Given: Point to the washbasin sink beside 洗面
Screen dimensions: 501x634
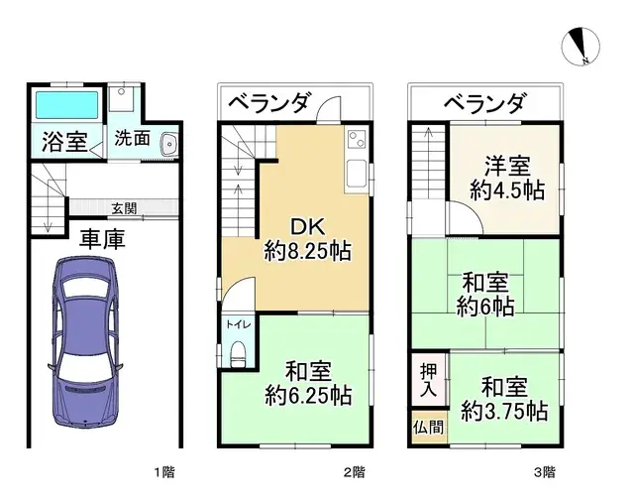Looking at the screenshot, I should coord(167,142).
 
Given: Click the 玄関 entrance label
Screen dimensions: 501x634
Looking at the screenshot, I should coord(125,207).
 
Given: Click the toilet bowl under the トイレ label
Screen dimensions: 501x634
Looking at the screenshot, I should coord(236,354).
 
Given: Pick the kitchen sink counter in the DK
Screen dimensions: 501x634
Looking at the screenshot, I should coord(357,159).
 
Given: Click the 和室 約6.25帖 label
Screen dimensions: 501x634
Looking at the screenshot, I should coord(307,383).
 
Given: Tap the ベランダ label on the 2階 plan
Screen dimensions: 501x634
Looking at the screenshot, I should coord(269,102).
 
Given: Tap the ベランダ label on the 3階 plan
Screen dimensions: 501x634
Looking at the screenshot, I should coord(483,102).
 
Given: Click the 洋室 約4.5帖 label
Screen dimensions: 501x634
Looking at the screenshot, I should coord(506,179).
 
